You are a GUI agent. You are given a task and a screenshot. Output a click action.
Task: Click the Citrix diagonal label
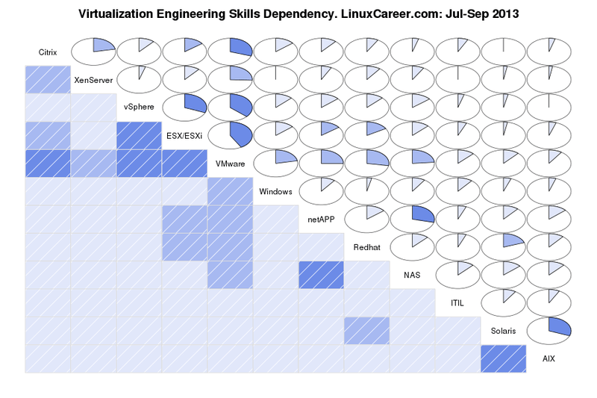[x=48, y=52]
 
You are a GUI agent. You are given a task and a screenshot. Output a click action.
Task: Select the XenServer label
[x=93, y=80]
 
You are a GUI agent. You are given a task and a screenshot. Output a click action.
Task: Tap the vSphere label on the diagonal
[x=139, y=108]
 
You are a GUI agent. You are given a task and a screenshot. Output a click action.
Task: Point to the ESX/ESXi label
[x=184, y=136]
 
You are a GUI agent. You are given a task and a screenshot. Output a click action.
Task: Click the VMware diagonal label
[x=231, y=164]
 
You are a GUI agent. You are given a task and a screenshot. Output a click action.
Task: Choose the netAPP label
[x=322, y=220]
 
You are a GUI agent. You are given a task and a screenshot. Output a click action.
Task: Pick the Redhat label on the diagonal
[x=367, y=247]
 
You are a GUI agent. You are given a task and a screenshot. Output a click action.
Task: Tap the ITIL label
[x=457, y=303]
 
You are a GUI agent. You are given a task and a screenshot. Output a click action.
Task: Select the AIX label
[x=548, y=358]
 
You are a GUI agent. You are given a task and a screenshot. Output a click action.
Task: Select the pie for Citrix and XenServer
[x=93, y=51]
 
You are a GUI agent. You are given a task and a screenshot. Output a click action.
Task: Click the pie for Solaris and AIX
[x=548, y=330]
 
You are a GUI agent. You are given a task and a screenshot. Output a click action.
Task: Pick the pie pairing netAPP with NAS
[x=413, y=218]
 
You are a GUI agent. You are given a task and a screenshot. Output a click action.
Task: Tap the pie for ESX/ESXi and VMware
[x=231, y=134]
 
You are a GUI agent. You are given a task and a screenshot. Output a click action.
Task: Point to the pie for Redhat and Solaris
[x=503, y=246]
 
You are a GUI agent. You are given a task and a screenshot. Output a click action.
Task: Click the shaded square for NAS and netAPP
[x=322, y=275]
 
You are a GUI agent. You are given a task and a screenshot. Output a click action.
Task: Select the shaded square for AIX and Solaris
[x=503, y=358]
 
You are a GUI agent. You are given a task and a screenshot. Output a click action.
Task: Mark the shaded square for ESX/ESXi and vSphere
[x=139, y=136]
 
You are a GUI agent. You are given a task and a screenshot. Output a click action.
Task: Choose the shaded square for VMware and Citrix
[x=48, y=164]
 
